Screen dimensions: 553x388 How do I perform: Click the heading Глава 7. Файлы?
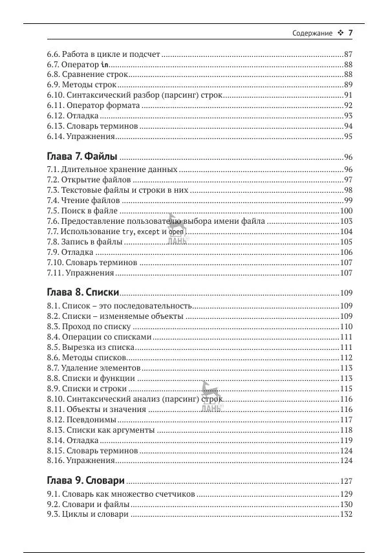(82, 157)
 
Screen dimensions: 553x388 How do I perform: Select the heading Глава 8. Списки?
(83, 292)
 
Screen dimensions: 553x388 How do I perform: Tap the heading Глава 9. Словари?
(86, 481)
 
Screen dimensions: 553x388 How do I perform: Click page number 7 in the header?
(350, 33)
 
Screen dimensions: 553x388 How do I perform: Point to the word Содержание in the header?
(312, 33)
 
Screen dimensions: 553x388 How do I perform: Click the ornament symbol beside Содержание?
(339, 33)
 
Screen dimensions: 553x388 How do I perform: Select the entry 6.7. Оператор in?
(78, 65)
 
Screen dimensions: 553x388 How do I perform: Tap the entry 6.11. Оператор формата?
(93, 105)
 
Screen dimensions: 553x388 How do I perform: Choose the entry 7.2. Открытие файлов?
(89, 180)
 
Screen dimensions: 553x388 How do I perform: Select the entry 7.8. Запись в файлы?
(84, 242)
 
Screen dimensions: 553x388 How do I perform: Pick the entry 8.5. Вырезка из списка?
(90, 347)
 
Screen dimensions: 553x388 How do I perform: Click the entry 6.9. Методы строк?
(81, 85)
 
